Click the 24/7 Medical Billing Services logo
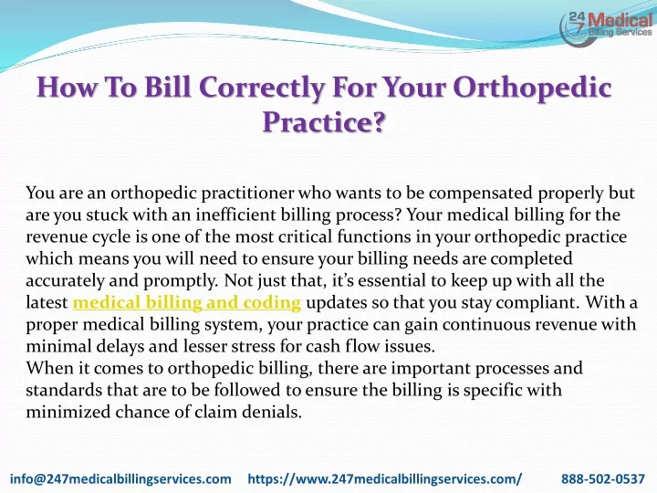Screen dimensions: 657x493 (x=606, y=28)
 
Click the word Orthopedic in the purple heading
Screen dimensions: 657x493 (x=532, y=88)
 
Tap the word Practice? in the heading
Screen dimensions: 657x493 (x=323, y=121)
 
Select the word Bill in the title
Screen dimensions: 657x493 (x=167, y=87)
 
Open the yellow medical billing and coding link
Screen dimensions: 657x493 (x=187, y=302)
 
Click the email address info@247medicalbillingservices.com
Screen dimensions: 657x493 (x=120, y=478)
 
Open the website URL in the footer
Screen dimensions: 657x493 (x=385, y=478)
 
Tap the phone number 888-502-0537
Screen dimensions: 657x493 (x=603, y=478)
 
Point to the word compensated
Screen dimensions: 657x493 (x=481, y=194)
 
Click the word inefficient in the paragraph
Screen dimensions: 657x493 (x=236, y=215)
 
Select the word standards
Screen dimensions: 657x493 (x=64, y=390)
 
